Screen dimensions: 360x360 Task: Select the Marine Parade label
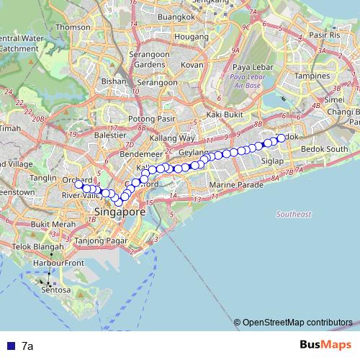[x=233, y=185]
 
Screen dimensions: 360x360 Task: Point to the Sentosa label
[x=55, y=291]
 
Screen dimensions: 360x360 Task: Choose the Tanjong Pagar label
[x=100, y=240]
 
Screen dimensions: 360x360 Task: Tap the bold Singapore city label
[x=120, y=213]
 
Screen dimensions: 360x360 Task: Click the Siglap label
[x=273, y=161]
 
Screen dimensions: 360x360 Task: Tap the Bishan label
[x=114, y=81]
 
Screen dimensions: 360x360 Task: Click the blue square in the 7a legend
[x=10, y=346]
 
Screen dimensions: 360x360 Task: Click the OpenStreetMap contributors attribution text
[x=297, y=322]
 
